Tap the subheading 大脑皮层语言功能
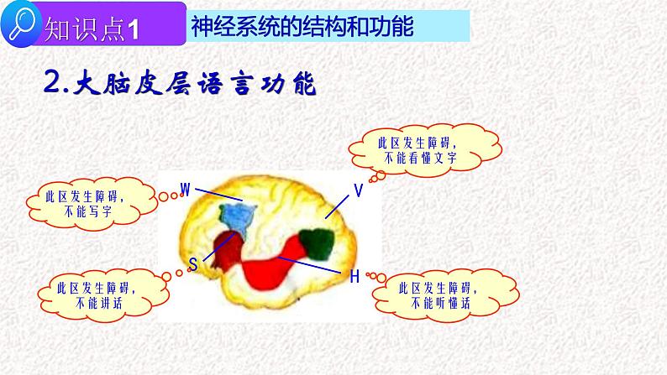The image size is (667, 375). pos(194,83)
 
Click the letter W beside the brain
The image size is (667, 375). pos(186,186)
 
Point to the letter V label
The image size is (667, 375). pos(358,191)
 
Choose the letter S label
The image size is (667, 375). pos(192,265)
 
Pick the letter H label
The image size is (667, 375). pos(354,276)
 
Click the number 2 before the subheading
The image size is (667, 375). pos(51,84)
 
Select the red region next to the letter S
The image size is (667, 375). pos(225,251)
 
